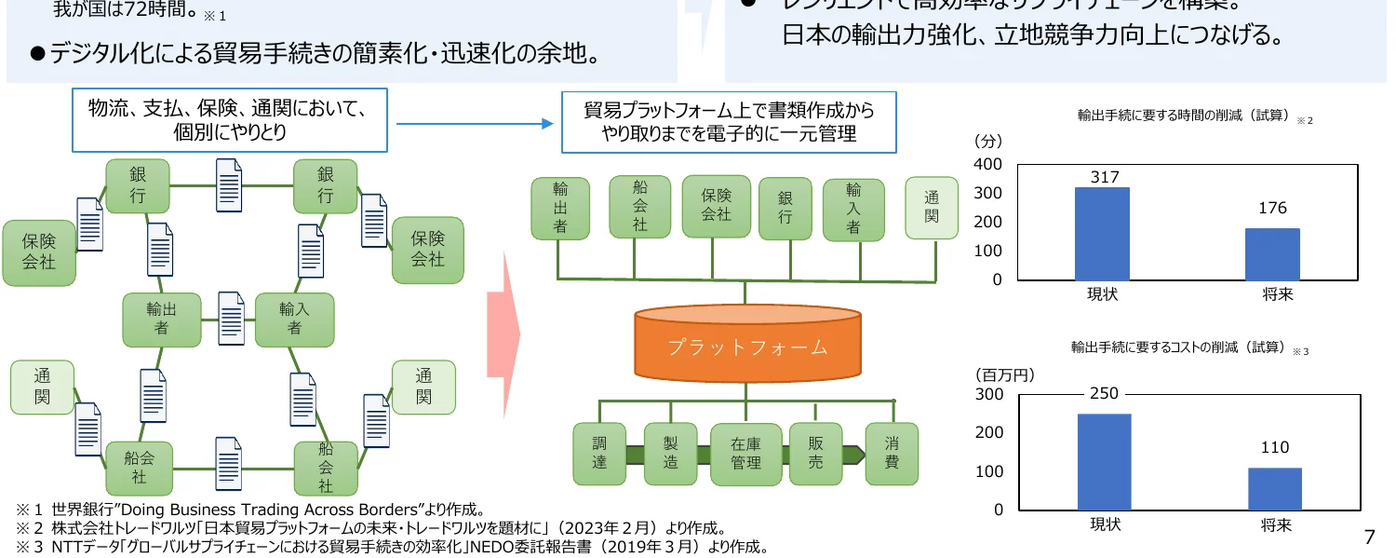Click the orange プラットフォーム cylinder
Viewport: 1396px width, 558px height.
coord(745,347)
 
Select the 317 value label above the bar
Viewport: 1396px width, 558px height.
coord(1104,177)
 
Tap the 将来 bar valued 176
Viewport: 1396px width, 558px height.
coord(1272,253)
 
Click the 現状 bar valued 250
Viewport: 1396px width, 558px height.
coord(1104,461)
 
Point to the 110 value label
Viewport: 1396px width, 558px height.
coord(1274,448)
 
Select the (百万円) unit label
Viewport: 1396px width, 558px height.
coord(1004,374)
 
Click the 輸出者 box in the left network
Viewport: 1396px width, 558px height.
coord(162,319)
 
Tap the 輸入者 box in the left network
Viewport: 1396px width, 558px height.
coord(294,319)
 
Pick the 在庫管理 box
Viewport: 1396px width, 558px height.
coord(745,454)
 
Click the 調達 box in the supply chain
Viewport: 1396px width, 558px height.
coord(599,453)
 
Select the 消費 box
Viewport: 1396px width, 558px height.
coord(892,453)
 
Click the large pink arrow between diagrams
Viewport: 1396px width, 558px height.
coord(503,335)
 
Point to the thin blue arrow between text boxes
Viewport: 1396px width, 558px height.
coord(475,123)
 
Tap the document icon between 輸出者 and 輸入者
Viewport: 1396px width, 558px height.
coord(229,319)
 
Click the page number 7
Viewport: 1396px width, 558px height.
coord(1368,537)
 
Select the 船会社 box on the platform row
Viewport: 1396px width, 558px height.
coord(639,206)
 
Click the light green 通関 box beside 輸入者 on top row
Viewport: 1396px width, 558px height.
coord(932,208)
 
